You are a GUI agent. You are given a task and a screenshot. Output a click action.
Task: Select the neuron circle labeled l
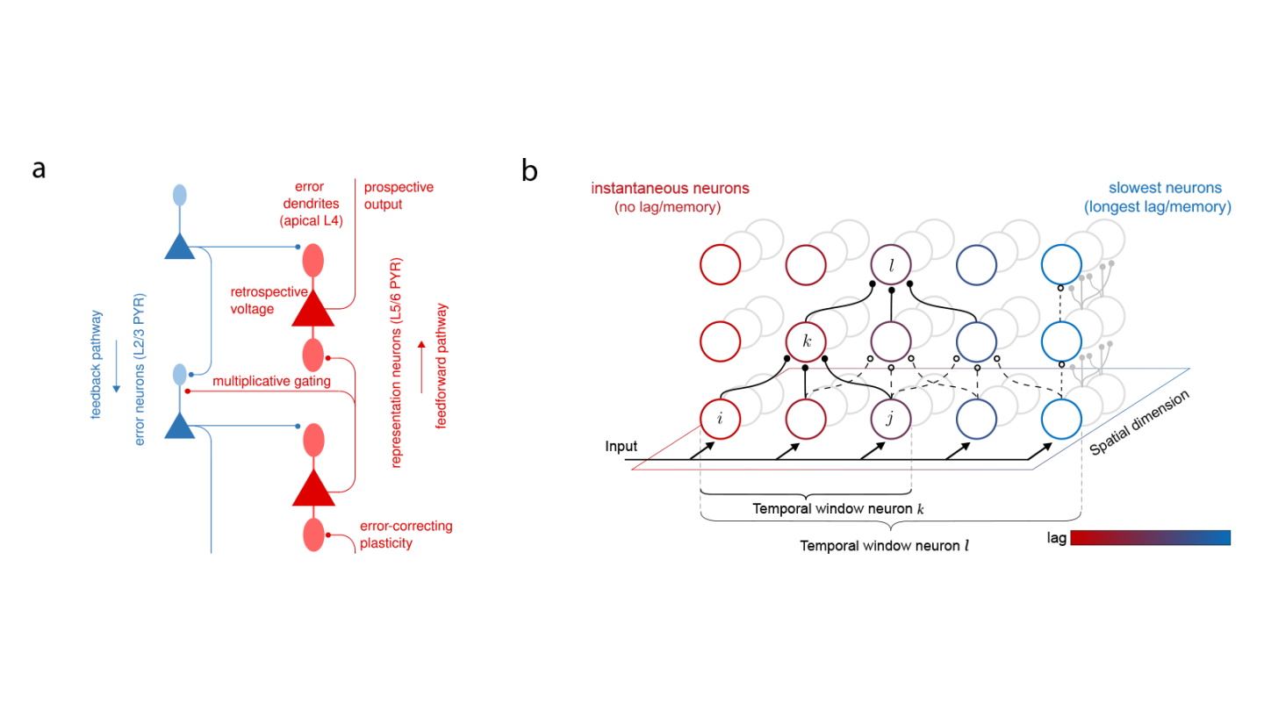coord(892,262)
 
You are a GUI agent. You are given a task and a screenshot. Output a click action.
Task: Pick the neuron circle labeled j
coord(892,419)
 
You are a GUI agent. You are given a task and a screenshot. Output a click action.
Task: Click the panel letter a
coord(39,169)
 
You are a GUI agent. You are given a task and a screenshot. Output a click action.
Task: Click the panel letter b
coord(529,169)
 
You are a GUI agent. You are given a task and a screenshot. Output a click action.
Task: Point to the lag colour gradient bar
coord(1150,537)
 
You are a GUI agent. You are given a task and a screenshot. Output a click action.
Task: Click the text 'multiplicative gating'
coord(271,381)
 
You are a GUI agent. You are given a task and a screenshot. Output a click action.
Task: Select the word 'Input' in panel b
coord(621,447)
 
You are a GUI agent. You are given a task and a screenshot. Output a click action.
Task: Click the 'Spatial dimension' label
coord(1138,422)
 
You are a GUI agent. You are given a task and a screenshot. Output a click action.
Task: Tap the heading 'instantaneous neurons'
coord(670,189)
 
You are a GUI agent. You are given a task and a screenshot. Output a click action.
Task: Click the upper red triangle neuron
coord(313,309)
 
